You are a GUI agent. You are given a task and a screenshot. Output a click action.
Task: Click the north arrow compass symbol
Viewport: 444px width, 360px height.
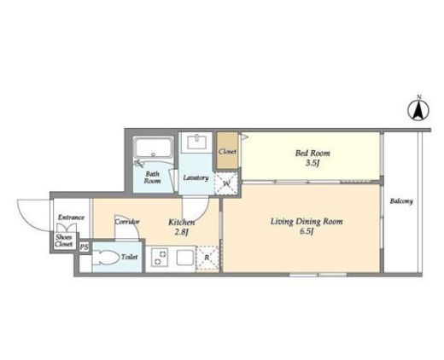418,109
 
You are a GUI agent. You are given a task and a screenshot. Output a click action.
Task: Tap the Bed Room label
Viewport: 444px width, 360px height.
313,154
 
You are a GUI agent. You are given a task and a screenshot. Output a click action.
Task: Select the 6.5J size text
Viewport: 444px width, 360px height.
307,232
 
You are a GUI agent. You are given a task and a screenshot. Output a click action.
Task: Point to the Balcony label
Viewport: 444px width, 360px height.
401,201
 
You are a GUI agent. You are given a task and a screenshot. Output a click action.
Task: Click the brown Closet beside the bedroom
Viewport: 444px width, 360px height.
227,150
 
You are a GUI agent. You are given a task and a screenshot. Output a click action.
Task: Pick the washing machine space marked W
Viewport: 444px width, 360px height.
226,183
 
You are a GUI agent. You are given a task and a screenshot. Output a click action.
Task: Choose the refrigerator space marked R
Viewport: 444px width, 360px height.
207,258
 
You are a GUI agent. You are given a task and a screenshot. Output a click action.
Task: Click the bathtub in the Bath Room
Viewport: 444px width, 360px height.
154,148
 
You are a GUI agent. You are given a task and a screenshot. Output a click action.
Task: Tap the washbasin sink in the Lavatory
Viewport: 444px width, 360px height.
197,142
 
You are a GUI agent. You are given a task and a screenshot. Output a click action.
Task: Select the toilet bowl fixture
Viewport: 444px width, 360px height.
106,258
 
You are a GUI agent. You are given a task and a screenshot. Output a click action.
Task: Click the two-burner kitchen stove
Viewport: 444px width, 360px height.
160,258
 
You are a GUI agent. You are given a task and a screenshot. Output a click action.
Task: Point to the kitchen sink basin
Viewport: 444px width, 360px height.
185,258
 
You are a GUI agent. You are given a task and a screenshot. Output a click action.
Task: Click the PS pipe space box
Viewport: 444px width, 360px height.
84,247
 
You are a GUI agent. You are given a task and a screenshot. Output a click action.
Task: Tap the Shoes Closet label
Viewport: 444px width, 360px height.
64,241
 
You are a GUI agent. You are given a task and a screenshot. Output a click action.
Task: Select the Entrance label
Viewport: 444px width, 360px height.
71,218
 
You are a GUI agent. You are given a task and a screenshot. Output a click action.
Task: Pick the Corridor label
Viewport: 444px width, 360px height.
127,222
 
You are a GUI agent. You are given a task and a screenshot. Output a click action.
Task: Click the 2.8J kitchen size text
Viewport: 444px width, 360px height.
182,232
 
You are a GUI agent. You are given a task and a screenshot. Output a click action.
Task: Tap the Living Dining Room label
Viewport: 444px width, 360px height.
307,222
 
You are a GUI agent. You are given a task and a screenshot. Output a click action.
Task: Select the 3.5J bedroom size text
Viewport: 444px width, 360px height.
313,164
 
